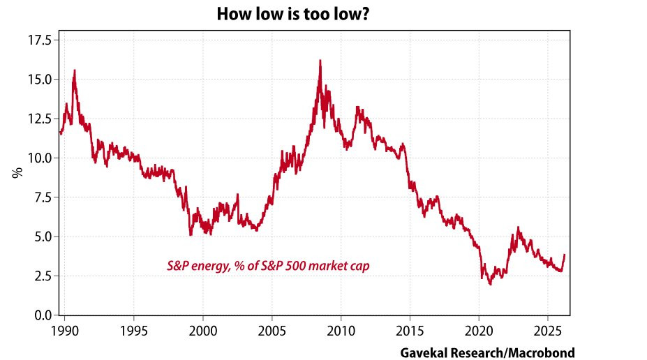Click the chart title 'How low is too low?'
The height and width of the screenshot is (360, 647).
click(x=292, y=14)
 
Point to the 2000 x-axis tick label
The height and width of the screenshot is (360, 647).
click(x=203, y=329)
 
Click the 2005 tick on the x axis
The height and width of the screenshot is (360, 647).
click(x=272, y=329)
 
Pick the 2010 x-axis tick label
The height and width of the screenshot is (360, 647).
click(x=341, y=329)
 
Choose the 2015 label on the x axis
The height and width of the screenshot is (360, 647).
click(x=410, y=329)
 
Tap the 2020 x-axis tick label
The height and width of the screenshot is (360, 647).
click(x=479, y=329)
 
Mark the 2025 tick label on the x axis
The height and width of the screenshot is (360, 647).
click(x=548, y=329)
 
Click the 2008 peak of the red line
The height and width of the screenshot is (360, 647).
click(x=320, y=61)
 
